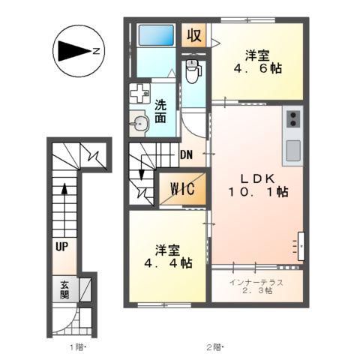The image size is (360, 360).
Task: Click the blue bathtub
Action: point(156,36)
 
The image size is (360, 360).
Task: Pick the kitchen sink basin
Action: point(292,150)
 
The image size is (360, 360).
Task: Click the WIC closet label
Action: point(181,189)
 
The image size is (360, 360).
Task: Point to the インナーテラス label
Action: point(257,282)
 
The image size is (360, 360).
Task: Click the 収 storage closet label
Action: point(194,35)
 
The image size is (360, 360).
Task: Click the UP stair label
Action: point(60,244)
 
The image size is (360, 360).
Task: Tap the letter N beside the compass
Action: point(97,51)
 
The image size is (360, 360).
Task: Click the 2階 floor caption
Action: point(214,346)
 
